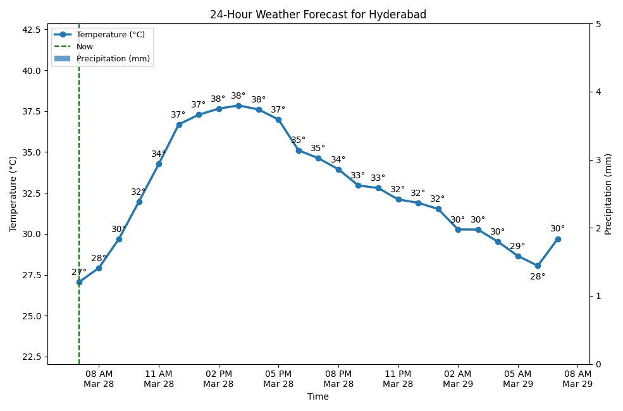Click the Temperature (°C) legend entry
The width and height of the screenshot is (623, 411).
110,35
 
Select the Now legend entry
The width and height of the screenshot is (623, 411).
84,47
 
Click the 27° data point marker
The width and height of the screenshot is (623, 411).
79,282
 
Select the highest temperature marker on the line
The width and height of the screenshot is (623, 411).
238,106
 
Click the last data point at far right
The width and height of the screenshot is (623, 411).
558,239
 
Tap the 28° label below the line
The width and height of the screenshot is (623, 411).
538,276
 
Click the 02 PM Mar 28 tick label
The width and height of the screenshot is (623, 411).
219,378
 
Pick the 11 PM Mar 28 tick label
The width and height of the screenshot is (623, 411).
398,378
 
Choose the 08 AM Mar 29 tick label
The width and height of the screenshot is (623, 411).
577,378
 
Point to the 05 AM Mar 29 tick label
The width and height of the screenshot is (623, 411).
517,378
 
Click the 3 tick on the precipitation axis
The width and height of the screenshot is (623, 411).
598,160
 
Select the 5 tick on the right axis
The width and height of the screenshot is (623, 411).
598,24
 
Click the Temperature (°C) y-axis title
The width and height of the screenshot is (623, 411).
13,194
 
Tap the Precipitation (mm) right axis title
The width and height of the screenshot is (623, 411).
608,194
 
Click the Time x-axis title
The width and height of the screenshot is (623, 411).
318,397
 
